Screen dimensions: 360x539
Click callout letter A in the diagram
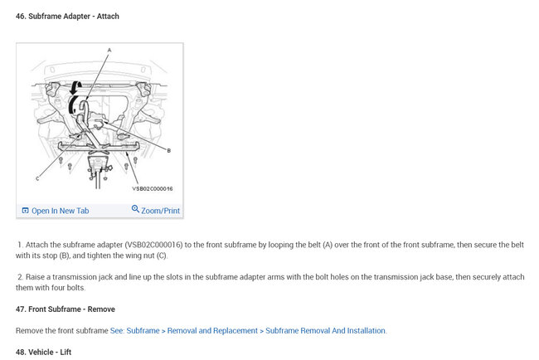(108, 50)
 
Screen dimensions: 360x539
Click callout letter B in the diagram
(168, 150)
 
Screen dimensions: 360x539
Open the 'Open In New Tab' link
(60, 211)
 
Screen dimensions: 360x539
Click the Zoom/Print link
(160, 211)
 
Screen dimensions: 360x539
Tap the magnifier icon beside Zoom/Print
(135, 210)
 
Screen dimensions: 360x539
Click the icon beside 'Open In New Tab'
(26, 211)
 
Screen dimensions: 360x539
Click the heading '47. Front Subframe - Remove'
(66, 309)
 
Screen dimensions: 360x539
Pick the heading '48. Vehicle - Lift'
(46, 352)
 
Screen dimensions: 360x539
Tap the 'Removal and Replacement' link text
(211, 331)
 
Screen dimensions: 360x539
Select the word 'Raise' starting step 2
(34, 277)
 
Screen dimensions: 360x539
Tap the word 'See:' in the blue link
(119, 331)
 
